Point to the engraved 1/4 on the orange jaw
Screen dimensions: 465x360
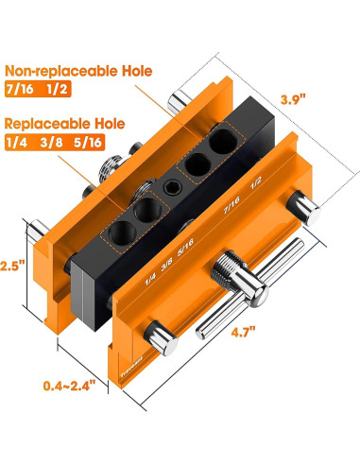coord(149,280)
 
